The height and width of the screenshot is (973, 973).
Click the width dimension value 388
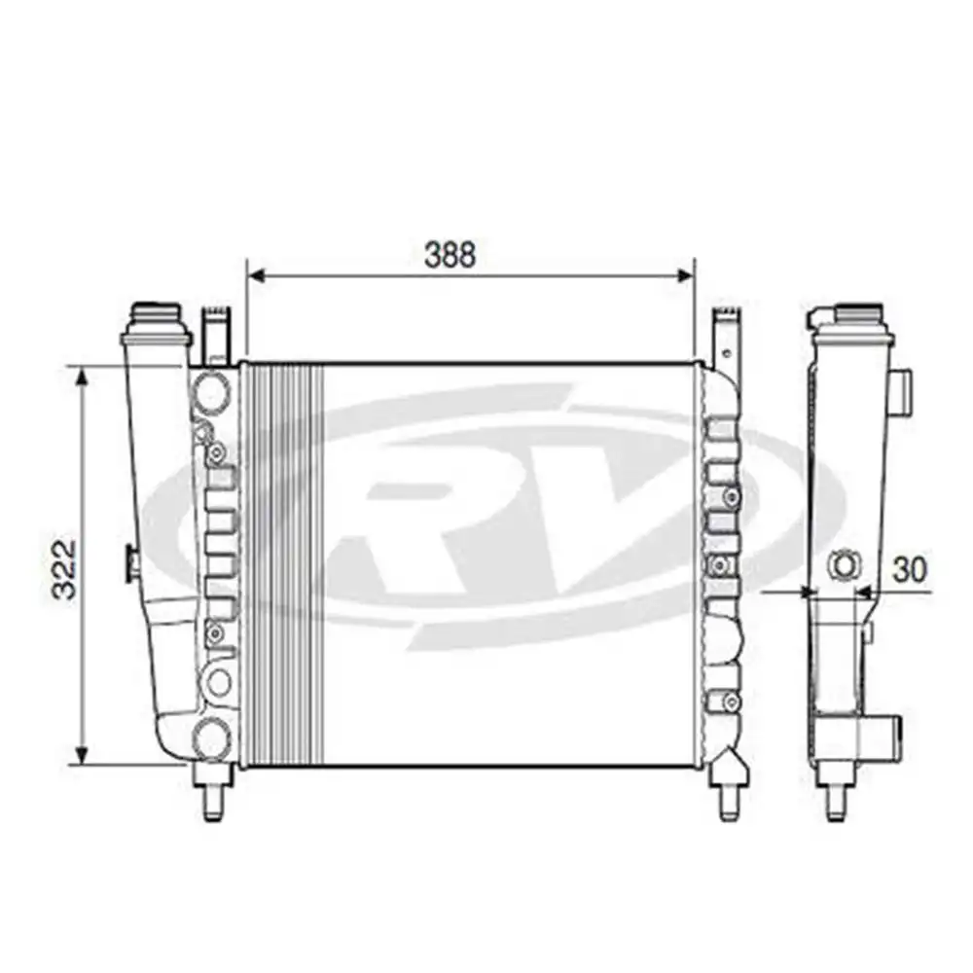[450, 254]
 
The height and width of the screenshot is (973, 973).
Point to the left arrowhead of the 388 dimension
[256, 276]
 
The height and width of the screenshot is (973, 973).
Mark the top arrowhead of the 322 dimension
[84, 376]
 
